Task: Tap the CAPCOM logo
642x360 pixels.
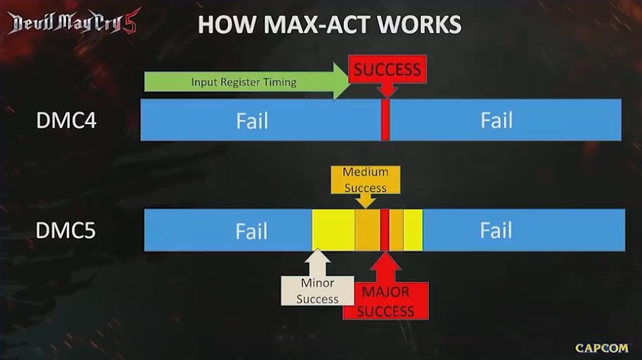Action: click(x=601, y=348)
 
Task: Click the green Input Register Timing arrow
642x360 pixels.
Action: click(x=244, y=82)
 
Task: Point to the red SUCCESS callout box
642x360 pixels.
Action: click(x=387, y=70)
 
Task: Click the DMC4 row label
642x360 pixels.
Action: click(x=66, y=120)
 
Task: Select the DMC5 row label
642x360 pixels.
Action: click(x=66, y=231)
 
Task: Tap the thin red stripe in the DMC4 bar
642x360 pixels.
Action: click(x=385, y=120)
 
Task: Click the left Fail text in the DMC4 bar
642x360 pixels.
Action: click(x=252, y=120)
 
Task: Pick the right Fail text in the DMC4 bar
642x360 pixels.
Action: click(x=496, y=120)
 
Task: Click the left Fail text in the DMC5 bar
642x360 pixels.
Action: click(x=252, y=231)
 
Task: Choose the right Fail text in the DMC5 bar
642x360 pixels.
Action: click(x=496, y=231)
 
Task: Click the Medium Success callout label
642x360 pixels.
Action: click(x=365, y=180)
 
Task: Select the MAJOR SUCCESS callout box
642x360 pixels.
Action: click(x=386, y=301)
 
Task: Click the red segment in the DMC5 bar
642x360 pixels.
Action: click(x=385, y=230)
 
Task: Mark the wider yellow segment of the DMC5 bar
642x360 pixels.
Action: click(x=333, y=230)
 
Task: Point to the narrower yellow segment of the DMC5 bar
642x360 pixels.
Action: click(x=413, y=230)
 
